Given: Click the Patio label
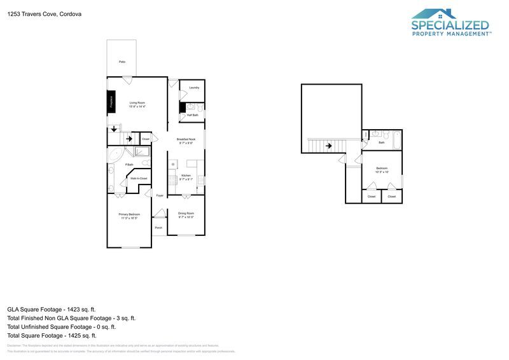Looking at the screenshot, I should pos(122,62).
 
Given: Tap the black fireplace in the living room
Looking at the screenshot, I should pos(110,102).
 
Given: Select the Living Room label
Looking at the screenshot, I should pos(137,104).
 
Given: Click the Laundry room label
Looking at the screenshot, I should pos(194,87).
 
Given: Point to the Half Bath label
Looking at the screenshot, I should pos(192,115).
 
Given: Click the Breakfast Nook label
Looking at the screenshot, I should pos(186,141).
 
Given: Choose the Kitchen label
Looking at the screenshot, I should pos(186,177).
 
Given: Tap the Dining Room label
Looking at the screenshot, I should pos(186,215).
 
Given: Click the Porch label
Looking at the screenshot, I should pos(158,227).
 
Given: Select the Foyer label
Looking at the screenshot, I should pos(160,195).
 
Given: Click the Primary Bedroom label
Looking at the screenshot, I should pos(129,216).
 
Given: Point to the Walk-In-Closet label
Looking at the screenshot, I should pos(138,178).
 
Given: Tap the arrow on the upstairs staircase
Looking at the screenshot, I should pos(328,146).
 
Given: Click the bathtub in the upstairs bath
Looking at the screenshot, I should pos(397,139).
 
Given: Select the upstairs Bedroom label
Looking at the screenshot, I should pos(381,170).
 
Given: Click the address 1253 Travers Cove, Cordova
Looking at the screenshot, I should pos(44,13).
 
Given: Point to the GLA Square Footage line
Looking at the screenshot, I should pos(52,309).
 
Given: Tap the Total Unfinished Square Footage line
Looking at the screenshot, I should pos(61,326).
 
